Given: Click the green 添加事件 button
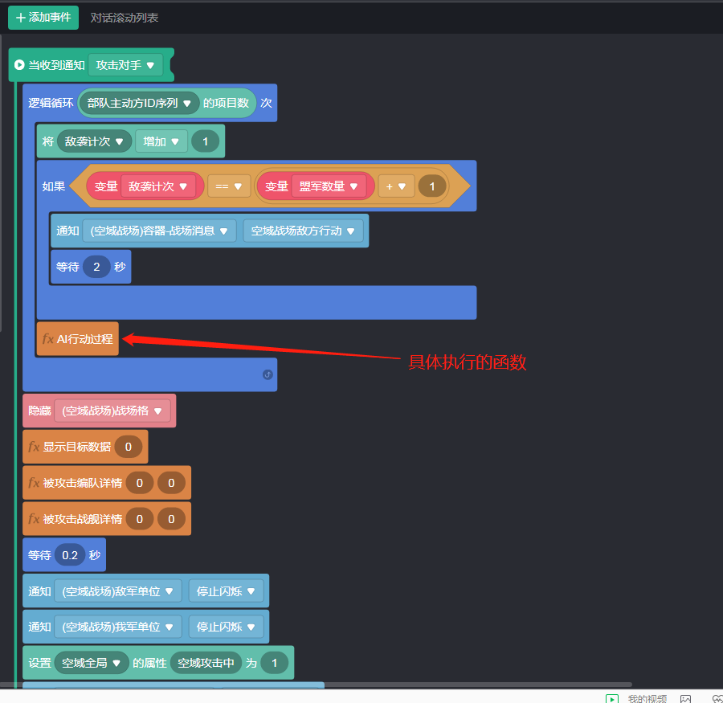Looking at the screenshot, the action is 43,17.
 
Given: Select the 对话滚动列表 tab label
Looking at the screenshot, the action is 125,17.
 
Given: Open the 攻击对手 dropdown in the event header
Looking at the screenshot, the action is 126,65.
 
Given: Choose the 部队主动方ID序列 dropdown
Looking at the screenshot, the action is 139,103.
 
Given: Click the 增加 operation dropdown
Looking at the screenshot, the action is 161,141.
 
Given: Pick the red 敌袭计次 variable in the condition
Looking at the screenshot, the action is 158,186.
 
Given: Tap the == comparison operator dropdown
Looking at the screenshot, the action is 228,186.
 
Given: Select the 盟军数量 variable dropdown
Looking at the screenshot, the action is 329,186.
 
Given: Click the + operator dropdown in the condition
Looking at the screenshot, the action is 395,186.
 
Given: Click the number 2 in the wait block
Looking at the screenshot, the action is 96,267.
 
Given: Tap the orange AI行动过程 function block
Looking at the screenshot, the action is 78,339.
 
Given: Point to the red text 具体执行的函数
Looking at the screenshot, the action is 468,362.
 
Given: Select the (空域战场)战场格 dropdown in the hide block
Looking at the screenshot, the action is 112,411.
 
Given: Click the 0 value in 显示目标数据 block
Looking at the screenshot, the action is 129,447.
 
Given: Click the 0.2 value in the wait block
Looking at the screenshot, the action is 70,555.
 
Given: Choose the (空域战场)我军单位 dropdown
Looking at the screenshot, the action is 117,627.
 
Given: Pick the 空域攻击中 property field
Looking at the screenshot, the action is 206,663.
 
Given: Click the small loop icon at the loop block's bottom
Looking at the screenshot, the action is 268,374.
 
